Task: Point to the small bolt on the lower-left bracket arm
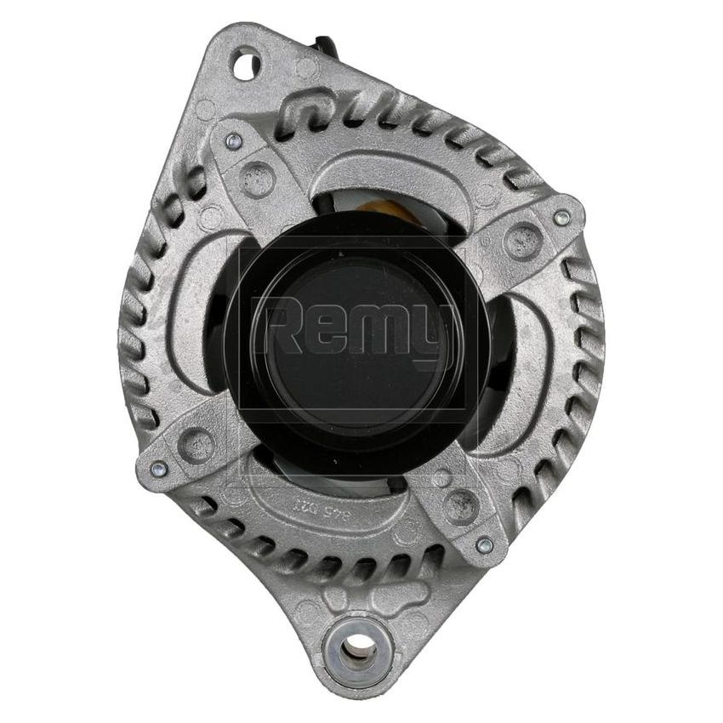tap(158, 468)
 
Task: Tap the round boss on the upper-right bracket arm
tap(521, 242)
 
